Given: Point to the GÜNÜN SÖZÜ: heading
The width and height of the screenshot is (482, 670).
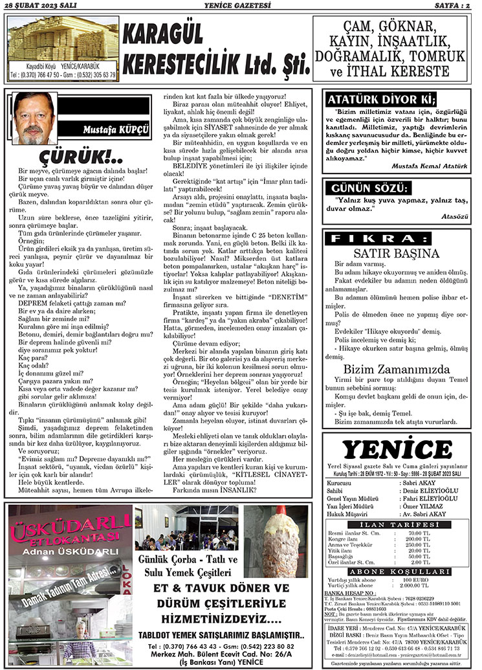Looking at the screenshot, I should (369, 188).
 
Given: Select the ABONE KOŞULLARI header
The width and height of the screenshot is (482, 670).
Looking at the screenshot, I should (399, 572).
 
